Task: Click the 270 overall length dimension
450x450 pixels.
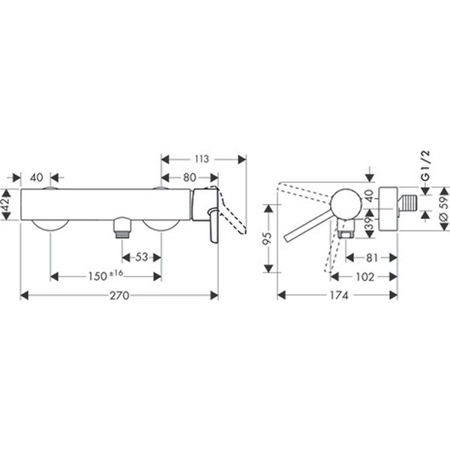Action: coord(119,295)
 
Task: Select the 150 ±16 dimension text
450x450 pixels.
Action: coord(106,277)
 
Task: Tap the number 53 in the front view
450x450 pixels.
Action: coord(141,257)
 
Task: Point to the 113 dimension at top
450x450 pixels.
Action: coord(200,159)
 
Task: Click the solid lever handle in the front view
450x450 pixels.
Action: coord(213,222)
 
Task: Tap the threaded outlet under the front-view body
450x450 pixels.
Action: coord(121,227)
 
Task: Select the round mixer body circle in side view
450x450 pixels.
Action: coord(346,202)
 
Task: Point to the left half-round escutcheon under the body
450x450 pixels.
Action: coord(49,225)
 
